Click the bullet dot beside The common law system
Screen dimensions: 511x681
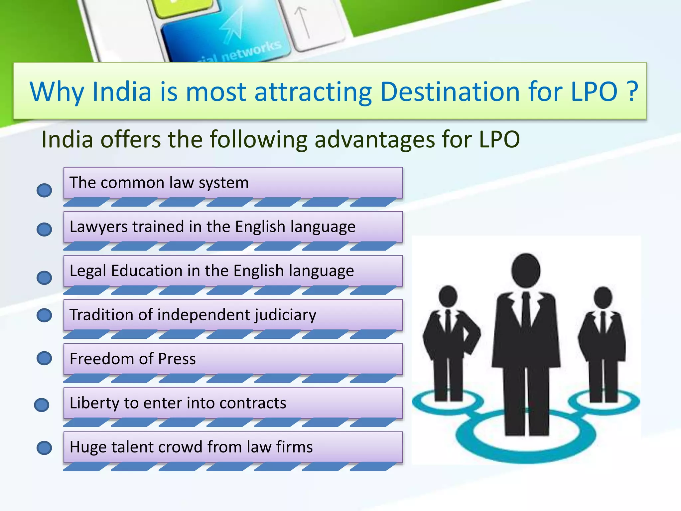coord(44,190)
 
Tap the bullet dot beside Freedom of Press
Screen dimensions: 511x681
coord(44,358)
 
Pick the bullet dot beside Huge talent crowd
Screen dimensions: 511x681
coord(44,448)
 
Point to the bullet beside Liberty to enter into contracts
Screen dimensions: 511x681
coord(42,405)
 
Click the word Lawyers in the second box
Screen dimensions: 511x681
coord(98,227)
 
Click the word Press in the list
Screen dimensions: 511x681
coord(177,359)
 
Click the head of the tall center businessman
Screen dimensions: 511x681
coord(526,270)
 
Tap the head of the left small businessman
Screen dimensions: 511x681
coord(448,296)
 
